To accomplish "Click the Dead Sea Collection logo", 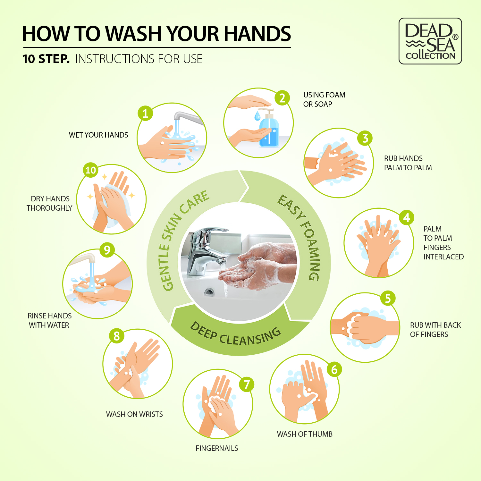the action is click(430, 41).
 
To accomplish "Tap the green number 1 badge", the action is click(145, 113).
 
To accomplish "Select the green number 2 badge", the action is click(282, 98).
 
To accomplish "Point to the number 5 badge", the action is click(388, 298).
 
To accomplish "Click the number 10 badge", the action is click(91, 170).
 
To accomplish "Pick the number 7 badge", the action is click(247, 384).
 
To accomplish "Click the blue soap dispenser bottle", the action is click(269, 128).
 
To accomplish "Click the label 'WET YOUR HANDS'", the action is click(98, 135).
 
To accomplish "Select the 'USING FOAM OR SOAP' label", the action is click(324, 99).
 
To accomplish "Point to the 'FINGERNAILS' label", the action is click(217, 448).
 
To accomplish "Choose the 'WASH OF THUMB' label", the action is click(305, 434).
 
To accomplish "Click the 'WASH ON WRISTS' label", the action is click(134, 414).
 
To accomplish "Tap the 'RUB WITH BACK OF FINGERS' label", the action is click(435, 330).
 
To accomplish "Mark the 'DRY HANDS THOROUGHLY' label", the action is click(49, 203).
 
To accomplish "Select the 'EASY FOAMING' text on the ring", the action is click(301, 236).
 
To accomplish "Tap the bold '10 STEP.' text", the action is click(46, 59).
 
